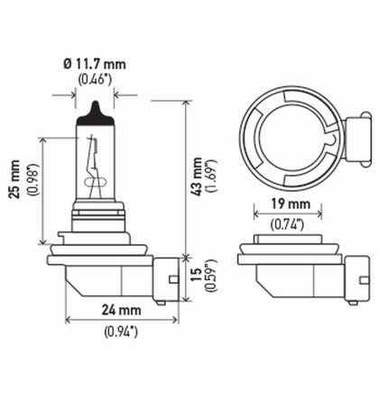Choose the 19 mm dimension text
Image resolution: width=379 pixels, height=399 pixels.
coord(293,204)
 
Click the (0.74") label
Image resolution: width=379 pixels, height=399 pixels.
coord(293,220)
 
